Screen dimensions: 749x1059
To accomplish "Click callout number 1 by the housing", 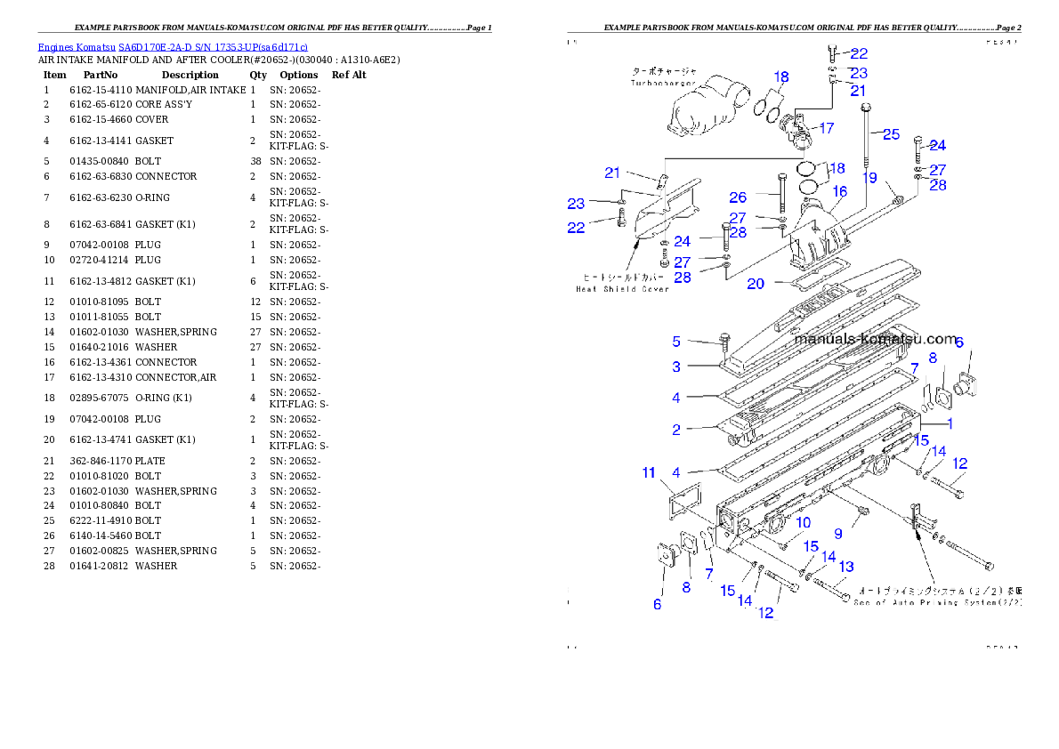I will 950,423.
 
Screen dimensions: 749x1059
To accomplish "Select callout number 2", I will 676,430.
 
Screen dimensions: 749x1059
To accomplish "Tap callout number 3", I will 676,366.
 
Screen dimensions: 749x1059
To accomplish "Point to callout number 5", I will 676,342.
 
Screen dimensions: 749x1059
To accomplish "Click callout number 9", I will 837,534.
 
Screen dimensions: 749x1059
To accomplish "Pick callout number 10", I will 803,522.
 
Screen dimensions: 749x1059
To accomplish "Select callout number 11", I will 649,472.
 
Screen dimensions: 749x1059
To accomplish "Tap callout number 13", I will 845,567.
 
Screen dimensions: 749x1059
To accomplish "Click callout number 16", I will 839,191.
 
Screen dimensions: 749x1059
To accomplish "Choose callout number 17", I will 826,128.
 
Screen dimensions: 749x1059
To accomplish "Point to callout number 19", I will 869,178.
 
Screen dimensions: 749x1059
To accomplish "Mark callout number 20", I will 756,284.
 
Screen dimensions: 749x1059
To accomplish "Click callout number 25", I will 891,134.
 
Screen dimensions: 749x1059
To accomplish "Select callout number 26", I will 738,197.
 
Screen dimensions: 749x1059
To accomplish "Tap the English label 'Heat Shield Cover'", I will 622,289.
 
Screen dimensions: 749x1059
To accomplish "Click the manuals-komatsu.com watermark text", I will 876,340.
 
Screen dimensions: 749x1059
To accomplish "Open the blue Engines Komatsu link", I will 173,47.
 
